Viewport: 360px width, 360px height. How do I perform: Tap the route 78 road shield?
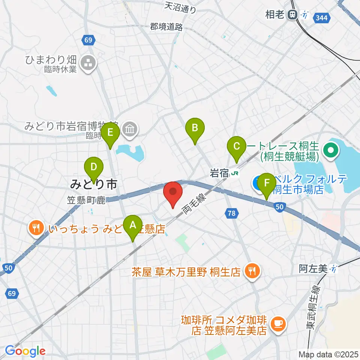232,213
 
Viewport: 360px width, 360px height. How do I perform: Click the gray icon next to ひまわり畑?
88,63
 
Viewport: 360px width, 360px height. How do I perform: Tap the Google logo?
25,351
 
